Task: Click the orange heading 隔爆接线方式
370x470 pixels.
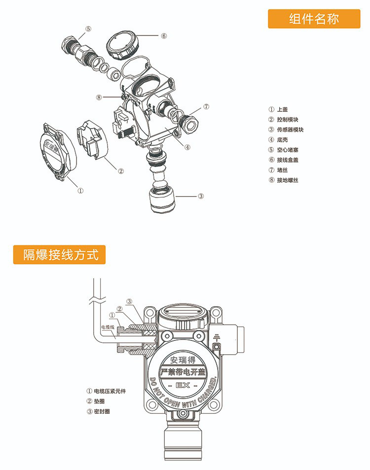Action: click(x=59, y=255)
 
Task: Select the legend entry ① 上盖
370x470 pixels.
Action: click(x=278, y=109)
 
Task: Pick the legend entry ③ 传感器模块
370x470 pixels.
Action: click(x=286, y=130)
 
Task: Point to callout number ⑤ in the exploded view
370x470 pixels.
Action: click(x=88, y=29)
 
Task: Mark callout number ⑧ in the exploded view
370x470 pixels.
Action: click(x=99, y=97)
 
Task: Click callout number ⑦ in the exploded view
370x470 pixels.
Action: click(x=206, y=106)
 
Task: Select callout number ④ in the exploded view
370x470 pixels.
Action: click(x=188, y=146)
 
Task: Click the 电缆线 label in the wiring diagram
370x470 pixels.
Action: click(x=107, y=327)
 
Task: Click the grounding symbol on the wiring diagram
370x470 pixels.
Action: click(x=217, y=338)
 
